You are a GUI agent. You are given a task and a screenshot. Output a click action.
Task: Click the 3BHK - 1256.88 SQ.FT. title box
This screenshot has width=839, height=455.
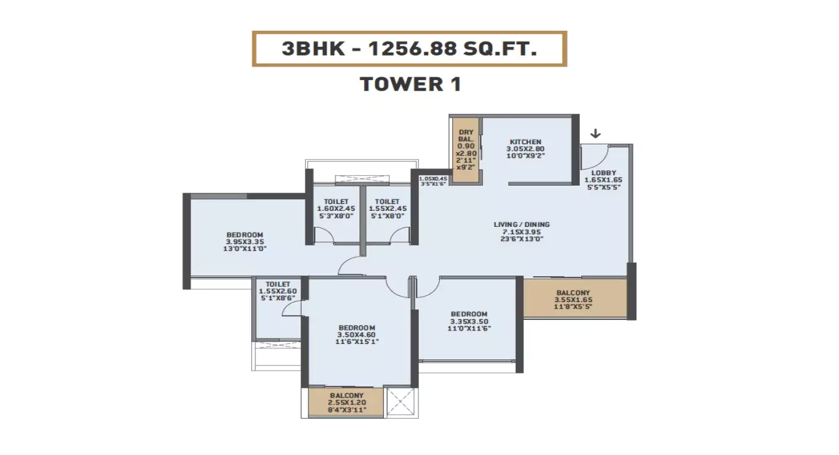(409, 49)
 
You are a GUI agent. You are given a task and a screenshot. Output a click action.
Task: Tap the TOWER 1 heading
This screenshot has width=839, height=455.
(410, 84)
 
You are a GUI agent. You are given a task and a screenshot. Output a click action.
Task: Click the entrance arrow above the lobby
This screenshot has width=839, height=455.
(595, 134)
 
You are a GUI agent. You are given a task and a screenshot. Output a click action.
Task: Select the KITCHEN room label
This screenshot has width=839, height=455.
(525, 142)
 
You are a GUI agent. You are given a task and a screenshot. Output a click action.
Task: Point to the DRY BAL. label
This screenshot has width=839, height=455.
(466, 136)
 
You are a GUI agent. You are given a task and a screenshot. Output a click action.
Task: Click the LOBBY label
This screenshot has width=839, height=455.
(603, 173)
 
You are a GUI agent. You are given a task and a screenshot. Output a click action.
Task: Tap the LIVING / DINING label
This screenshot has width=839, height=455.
(521, 224)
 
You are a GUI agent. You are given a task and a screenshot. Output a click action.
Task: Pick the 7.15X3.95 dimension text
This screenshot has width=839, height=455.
(521, 232)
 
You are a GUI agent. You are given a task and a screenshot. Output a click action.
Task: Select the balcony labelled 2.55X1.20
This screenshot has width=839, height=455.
(346, 402)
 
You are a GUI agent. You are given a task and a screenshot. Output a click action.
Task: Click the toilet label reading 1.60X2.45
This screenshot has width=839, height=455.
(336, 208)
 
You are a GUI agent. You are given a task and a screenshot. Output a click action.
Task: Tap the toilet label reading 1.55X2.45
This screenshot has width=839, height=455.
(387, 208)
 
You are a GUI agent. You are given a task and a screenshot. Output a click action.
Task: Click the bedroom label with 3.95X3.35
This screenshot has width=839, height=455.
(245, 242)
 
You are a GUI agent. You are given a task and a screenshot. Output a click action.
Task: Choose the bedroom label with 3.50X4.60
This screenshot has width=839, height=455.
(357, 334)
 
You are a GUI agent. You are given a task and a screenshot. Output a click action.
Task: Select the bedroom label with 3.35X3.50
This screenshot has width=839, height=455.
(468, 321)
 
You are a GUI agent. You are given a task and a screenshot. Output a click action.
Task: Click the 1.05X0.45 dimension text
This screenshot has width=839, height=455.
(434, 179)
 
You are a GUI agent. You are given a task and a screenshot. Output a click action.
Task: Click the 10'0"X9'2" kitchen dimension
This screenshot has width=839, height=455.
(525, 157)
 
